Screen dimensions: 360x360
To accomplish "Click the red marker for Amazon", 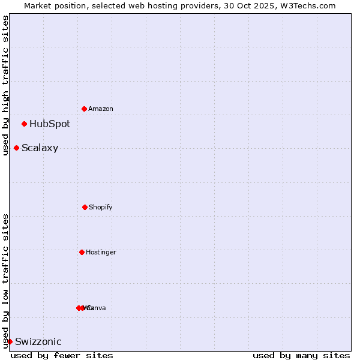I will point(85,109).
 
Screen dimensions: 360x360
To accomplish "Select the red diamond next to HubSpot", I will point(25,124).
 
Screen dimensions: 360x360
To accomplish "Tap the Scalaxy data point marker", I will point(17,148).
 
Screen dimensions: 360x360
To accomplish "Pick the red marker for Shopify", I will point(85,207).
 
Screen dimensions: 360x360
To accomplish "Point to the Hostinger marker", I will point(82,252).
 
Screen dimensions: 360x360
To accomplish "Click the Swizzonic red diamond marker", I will point(10,341).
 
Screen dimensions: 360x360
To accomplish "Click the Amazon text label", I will point(101,109).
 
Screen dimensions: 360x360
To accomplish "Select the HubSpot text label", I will point(50,124).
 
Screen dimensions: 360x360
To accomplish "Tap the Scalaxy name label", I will point(40,148).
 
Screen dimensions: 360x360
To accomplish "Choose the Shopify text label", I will point(101,207).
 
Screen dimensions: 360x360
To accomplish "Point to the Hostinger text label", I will point(101,252).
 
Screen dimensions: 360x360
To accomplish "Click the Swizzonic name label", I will point(38,342).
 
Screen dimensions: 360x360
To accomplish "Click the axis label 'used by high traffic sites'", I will point(5,85).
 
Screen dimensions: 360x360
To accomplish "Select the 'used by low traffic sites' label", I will point(5,281).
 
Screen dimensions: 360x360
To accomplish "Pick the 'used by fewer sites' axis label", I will point(62,355).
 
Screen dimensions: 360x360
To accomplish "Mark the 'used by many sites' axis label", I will point(301,355).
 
